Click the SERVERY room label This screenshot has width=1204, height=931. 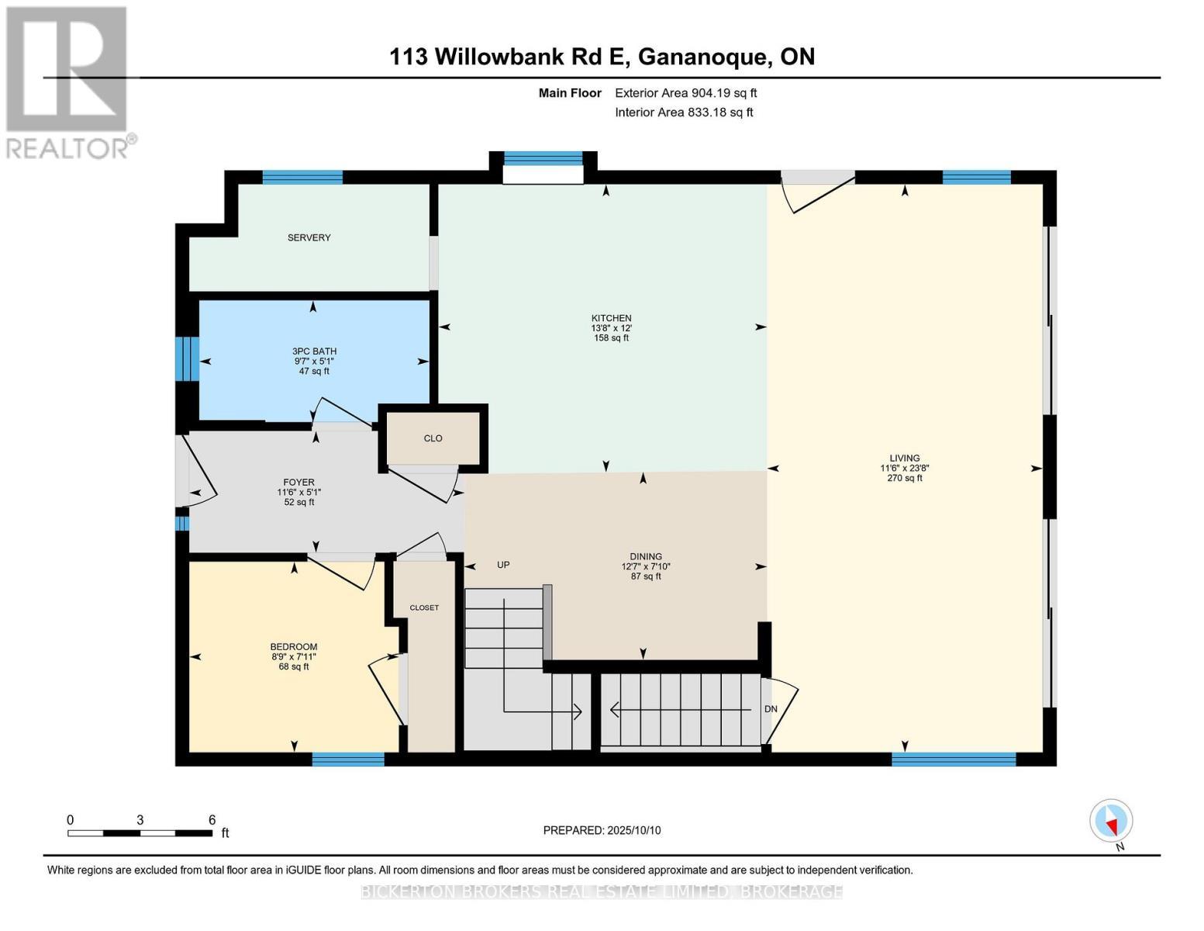[309, 237]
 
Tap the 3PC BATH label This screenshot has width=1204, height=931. [314, 351]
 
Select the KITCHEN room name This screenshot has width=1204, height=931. [611, 318]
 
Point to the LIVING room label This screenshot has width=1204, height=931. [904, 458]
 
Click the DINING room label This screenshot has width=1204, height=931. [646, 556]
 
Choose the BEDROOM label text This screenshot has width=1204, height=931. [294, 646]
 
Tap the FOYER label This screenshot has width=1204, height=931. [298, 483]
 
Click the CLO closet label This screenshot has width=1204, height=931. [433, 438]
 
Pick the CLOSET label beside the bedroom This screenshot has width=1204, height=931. [424, 607]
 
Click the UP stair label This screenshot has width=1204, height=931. [503, 565]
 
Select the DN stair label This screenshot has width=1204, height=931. [771, 708]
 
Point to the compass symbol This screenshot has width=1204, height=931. [1111, 821]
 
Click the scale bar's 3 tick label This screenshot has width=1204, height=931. [140, 819]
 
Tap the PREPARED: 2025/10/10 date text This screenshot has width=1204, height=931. [602, 830]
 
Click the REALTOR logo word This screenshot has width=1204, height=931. [67, 148]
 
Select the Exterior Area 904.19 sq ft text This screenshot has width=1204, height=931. [685, 93]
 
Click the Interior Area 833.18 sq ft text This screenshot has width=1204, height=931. [684, 112]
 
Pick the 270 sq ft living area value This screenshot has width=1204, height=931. [904, 478]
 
